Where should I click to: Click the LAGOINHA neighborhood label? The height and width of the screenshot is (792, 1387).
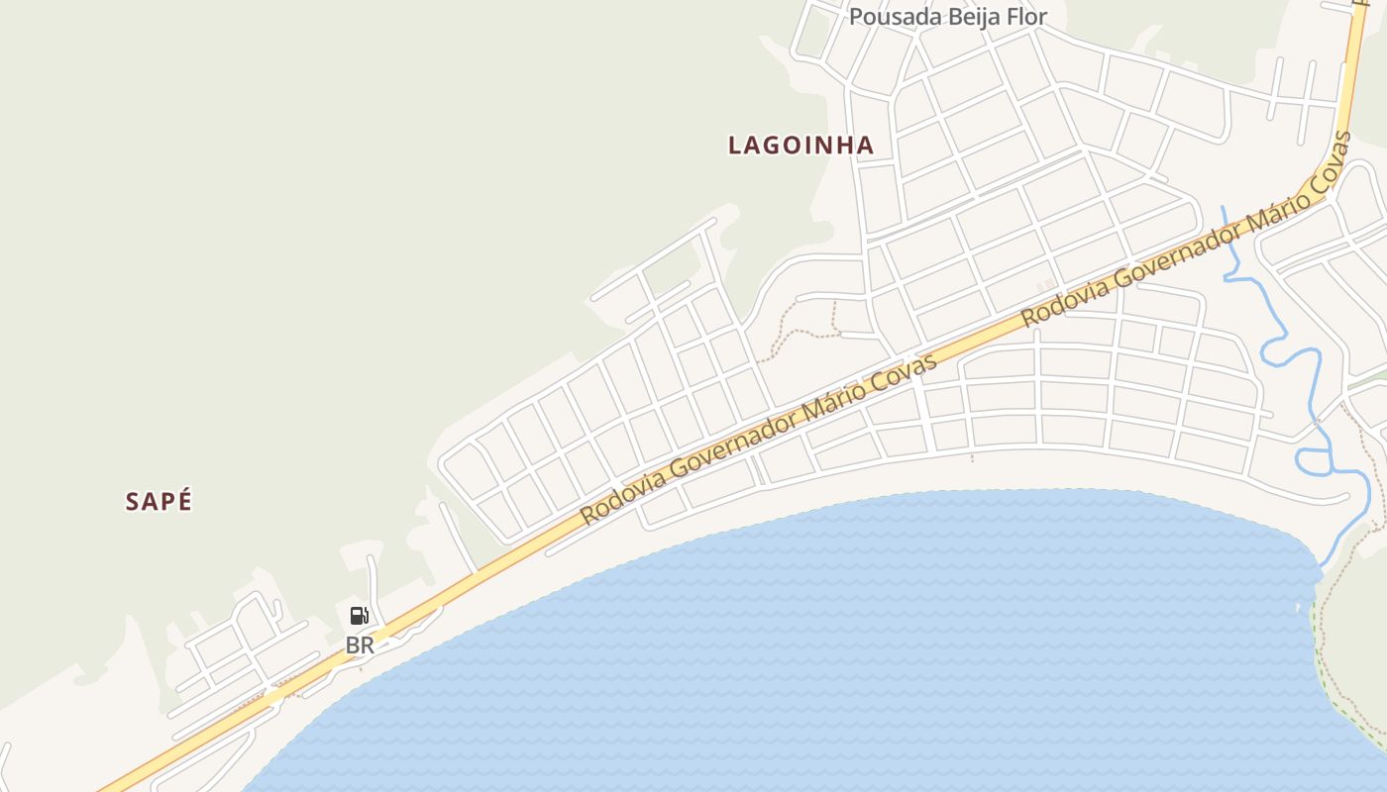click(x=800, y=146)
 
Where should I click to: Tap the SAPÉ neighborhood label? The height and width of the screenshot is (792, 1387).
click(x=159, y=502)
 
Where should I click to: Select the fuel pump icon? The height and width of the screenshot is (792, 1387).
click(x=359, y=616)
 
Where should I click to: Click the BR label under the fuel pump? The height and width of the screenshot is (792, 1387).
click(x=360, y=645)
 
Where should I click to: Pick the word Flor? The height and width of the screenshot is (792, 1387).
click(x=1027, y=17)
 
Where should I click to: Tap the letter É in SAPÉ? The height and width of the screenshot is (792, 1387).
click(x=183, y=502)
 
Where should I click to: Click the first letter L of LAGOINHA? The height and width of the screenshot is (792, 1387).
click(x=735, y=146)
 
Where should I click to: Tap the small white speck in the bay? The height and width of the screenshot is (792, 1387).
click(x=1298, y=606)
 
